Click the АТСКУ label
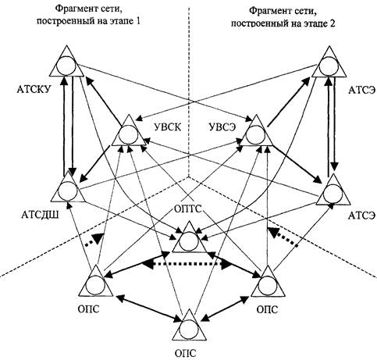tap(34, 90)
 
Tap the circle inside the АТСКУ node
tap(66, 66)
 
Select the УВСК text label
tap(168, 127)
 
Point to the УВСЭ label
tap(222, 127)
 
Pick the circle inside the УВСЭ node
tap(256, 135)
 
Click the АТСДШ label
tap(40, 216)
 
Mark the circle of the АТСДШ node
tap(68, 191)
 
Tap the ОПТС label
tap(188, 209)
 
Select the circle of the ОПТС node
tap(189, 241)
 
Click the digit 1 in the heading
tap(138, 21)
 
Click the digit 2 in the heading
tap(333, 23)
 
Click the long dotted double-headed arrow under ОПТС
tap(187, 265)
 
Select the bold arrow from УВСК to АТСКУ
tap(103, 101)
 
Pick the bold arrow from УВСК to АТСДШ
tap(94, 163)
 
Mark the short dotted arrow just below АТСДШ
tap(94, 240)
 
